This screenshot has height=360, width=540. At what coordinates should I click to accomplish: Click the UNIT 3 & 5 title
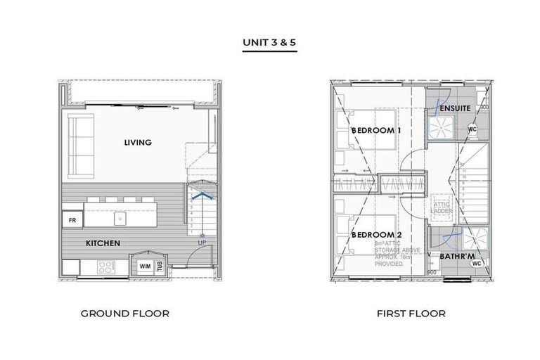[270, 42]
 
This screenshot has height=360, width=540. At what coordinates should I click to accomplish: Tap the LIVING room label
[138, 143]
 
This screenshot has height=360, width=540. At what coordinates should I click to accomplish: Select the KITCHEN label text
[103, 243]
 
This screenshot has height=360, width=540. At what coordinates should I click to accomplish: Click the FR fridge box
[72, 220]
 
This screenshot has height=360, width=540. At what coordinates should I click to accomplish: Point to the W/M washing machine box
[145, 266]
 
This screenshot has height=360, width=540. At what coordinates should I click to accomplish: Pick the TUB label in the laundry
[160, 266]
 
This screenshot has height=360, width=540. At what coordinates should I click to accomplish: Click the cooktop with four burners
[105, 267]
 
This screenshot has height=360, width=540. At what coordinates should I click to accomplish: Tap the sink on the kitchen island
[120, 219]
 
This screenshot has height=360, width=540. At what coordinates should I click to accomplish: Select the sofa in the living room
[79, 148]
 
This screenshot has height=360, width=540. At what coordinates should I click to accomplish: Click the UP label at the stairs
[202, 243]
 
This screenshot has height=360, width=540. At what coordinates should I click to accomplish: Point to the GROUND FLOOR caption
[125, 314]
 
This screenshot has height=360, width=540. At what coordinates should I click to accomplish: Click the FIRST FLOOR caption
[411, 314]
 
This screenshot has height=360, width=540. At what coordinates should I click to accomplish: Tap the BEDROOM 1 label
[376, 131]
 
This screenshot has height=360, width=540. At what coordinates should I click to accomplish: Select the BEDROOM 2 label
[376, 234]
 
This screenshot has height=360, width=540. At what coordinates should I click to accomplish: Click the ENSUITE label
[450, 110]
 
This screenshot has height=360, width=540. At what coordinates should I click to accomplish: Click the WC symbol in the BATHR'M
[476, 264]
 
